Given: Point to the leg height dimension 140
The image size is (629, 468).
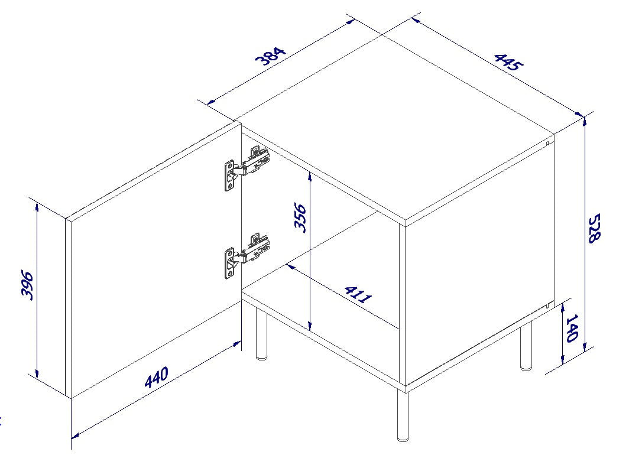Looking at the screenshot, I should point(572,329).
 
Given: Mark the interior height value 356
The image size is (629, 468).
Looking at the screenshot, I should point(300,218).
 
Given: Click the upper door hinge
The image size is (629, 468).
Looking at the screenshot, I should point(247,168).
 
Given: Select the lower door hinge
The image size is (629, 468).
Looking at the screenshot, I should point(247,255).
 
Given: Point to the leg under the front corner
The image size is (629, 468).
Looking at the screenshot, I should point(403,416).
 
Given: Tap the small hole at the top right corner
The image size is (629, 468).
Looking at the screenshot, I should point(549,142).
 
